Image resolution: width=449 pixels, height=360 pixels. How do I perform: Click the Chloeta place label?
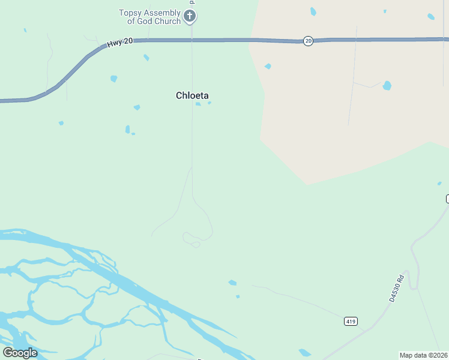(x=192, y=95)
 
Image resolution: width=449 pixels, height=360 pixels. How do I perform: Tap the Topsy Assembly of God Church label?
(x=150, y=17)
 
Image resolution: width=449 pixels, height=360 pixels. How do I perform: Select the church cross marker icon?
(x=190, y=16)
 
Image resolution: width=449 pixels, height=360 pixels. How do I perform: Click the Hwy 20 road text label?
(x=119, y=43)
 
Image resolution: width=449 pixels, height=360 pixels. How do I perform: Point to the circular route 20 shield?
(x=308, y=41)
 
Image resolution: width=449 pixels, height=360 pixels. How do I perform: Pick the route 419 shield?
(x=352, y=322)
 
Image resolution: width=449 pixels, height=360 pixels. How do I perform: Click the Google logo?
(x=20, y=352)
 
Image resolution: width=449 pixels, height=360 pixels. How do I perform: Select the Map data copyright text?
(x=424, y=355)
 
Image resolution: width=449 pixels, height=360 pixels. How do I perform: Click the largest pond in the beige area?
(x=387, y=85)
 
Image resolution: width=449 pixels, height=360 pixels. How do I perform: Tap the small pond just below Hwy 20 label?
(x=146, y=58)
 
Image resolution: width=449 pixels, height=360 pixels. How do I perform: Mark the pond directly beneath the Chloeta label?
(x=198, y=104)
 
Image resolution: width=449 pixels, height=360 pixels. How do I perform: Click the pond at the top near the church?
(x=313, y=11)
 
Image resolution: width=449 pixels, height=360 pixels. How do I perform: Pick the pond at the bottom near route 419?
(x=305, y=353)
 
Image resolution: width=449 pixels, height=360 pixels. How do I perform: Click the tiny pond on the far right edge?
(x=439, y=183)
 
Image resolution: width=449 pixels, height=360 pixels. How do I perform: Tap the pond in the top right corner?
(x=431, y=17)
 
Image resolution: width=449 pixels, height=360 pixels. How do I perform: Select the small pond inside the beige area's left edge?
(x=268, y=66)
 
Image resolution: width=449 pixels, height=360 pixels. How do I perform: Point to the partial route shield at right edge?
(x=447, y=199)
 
